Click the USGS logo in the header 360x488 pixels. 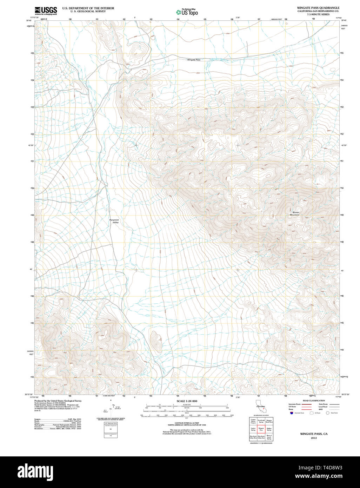click(x=46, y=11)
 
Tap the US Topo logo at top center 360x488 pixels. click(x=187, y=12)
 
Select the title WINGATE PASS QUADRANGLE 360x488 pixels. click(x=318, y=8)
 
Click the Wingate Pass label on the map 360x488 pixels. click(x=193, y=60)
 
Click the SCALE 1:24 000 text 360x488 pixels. click(x=187, y=401)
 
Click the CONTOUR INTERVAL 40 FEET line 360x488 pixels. click(x=187, y=423)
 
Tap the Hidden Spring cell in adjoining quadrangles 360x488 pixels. click(x=269, y=429)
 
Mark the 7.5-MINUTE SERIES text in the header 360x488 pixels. click(x=318, y=14)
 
